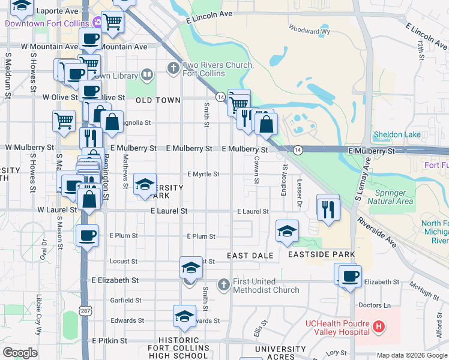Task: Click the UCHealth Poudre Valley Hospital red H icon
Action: tap(379, 327)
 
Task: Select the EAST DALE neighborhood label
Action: tap(250, 256)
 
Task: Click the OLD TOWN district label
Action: tap(158, 100)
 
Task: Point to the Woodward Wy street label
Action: tap(309, 28)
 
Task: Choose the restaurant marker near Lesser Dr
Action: tap(328, 209)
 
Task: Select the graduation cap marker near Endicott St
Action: tap(288, 231)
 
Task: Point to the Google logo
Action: tap(20, 353)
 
